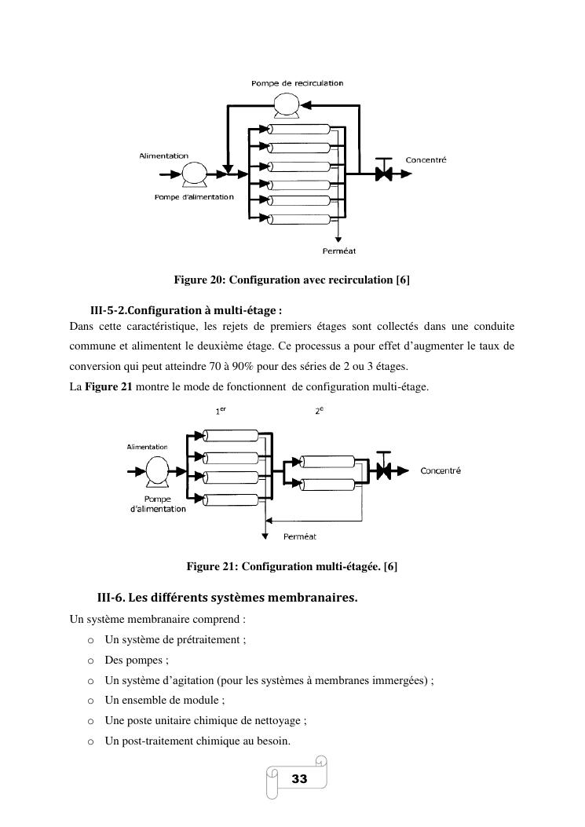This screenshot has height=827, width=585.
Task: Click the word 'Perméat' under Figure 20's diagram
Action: (x=338, y=251)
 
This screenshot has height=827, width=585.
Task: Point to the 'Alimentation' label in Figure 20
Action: (x=163, y=156)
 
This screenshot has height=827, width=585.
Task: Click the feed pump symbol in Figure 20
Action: (x=191, y=174)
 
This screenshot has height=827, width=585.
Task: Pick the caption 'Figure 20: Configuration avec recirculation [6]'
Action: (x=292, y=280)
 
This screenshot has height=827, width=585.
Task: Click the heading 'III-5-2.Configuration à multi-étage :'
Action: (x=186, y=309)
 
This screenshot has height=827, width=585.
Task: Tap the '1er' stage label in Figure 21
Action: (x=221, y=411)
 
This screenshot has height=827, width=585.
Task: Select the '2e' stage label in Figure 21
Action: (x=320, y=411)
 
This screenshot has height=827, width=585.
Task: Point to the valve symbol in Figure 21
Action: (x=384, y=470)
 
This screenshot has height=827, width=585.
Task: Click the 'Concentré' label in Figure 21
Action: (x=441, y=471)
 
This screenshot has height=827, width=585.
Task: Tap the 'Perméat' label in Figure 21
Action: (x=299, y=537)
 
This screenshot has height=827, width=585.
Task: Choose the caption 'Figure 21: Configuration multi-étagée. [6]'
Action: (x=292, y=565)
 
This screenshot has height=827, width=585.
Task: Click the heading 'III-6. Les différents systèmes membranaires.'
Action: (x=227, y=598)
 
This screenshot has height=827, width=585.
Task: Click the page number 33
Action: (x=299, y=779)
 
